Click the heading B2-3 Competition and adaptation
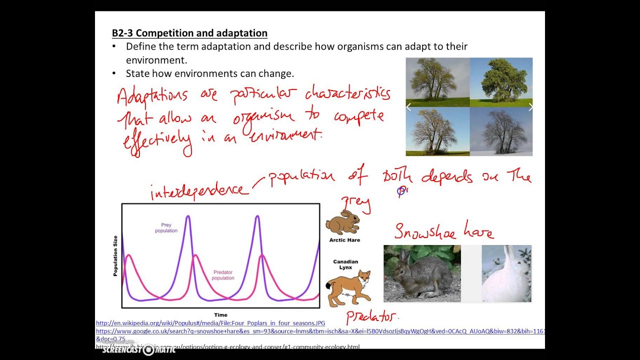pos(189,33)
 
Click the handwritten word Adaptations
pos(152,96)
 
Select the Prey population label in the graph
pos(166,228)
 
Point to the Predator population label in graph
pos(223,275)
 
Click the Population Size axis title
pos(115,255)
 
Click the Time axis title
pos(220,315)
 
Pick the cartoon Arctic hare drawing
pos(343,223)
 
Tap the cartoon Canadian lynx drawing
pos(348,288)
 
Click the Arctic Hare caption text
pos(344,240)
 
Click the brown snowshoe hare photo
pos(422,273)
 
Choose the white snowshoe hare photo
pos(506,273)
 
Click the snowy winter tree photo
pos(501,131)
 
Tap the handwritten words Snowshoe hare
pos(443,231)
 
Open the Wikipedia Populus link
pos(210,323)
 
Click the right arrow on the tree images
pos(530,106)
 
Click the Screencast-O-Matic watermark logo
pos(138,349)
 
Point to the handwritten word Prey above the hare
pos(355,203)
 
